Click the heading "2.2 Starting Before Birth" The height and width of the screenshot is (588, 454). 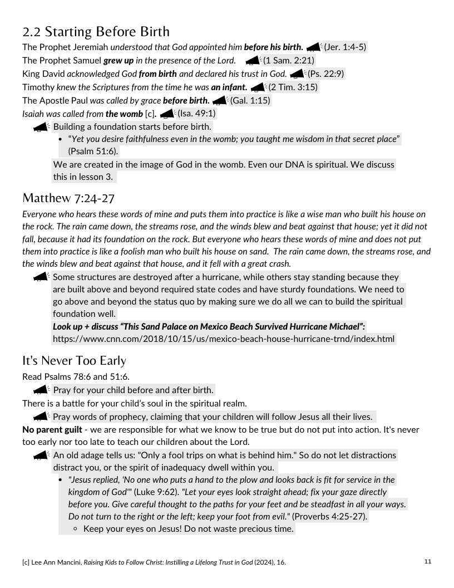coord(96,31)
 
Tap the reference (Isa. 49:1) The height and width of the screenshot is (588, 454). coord(196,114)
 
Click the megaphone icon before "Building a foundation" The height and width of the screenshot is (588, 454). coord(41,128)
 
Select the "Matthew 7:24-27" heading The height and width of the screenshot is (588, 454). coord(69,198)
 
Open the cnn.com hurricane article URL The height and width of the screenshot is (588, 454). coord(224,339)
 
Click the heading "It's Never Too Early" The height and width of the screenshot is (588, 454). coord(74,360)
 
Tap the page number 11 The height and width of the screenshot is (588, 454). coord(427,561)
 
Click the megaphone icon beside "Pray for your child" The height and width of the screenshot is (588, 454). coord(41,390)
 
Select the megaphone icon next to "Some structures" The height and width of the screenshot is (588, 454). coord(41,277)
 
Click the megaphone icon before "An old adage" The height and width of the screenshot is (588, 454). coord(41,456)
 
